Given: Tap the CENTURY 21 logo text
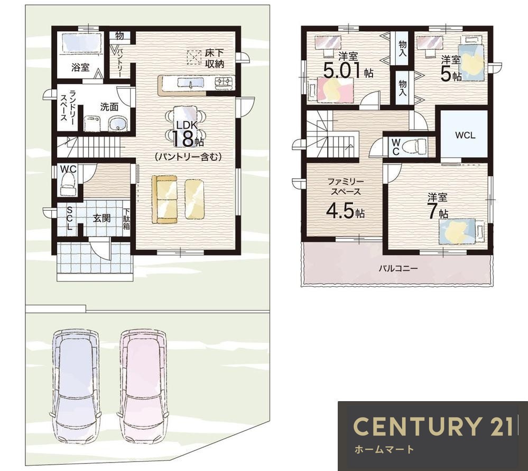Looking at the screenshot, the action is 433,426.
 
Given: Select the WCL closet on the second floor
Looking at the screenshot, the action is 465,135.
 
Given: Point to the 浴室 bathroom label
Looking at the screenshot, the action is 80,67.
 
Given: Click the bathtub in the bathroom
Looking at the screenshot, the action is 81,42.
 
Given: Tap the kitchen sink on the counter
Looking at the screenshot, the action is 191,83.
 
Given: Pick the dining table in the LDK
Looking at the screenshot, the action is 185,126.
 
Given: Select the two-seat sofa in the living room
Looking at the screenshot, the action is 165,200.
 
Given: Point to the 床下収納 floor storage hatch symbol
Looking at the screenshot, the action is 193,57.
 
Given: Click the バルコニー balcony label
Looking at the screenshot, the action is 398,269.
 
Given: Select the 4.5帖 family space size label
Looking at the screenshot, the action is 345,211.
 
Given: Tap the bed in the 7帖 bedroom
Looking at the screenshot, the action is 461,231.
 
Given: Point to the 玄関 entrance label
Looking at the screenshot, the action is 101,218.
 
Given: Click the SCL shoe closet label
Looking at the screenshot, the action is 70,218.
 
